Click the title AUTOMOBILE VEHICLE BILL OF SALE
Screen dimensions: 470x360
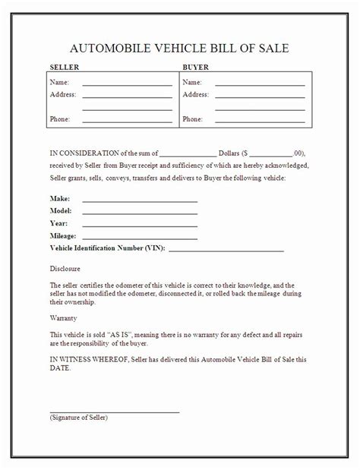click(179, 49)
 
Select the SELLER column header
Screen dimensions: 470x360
click(64, 68)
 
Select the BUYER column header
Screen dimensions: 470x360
click(197, 68)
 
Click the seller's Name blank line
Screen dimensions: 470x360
click(127, 84)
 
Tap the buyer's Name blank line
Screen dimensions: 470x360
click(260, 84)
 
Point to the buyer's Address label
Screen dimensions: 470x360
click(196, 94)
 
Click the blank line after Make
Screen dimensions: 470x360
click(140, 200)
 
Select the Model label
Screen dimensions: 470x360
click(61, 210)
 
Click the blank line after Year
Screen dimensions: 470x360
click(140, 226)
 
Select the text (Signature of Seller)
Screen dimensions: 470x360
click(79, 418)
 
